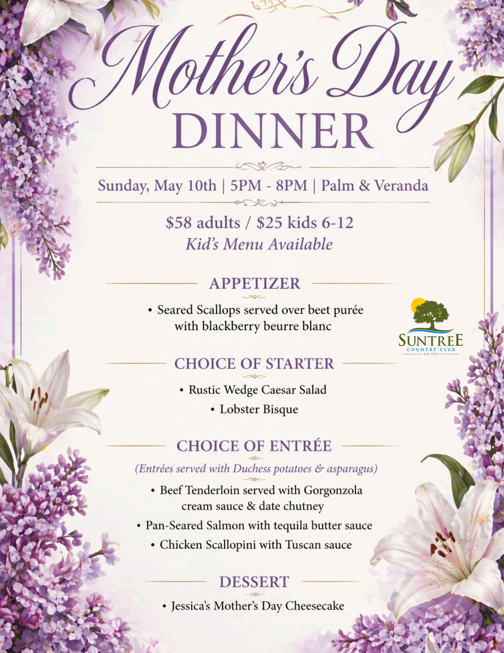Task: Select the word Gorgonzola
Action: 333,490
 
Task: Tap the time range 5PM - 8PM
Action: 269,186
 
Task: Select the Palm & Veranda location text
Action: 374,186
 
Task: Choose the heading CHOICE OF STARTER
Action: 254,364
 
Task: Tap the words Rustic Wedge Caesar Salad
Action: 257,390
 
